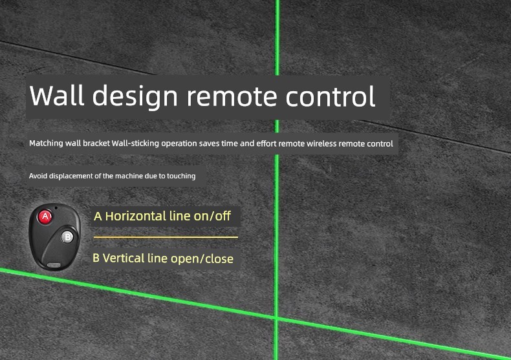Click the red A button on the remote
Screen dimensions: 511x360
(x=45, y=217)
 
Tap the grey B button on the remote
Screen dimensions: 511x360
(x=67, y=237)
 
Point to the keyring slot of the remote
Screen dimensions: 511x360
(x=54, y=265)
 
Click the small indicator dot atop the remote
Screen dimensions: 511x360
(x=56, y=207)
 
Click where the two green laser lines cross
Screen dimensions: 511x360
(x=276, y=318)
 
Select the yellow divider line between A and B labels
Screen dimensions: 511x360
(x=166, y=237)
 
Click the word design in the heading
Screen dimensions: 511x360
(x=135, y=96)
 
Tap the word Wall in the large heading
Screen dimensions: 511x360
(x=57, y=95)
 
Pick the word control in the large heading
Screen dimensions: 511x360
(x=330, y=96)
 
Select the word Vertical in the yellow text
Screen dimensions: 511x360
(x=124, y=258)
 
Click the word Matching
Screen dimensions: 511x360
(x=46, y=143)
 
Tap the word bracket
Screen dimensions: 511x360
(x=96, y=143)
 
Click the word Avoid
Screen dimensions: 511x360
(x=36, y=176)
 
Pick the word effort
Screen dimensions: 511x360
(x=266, y=143)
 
